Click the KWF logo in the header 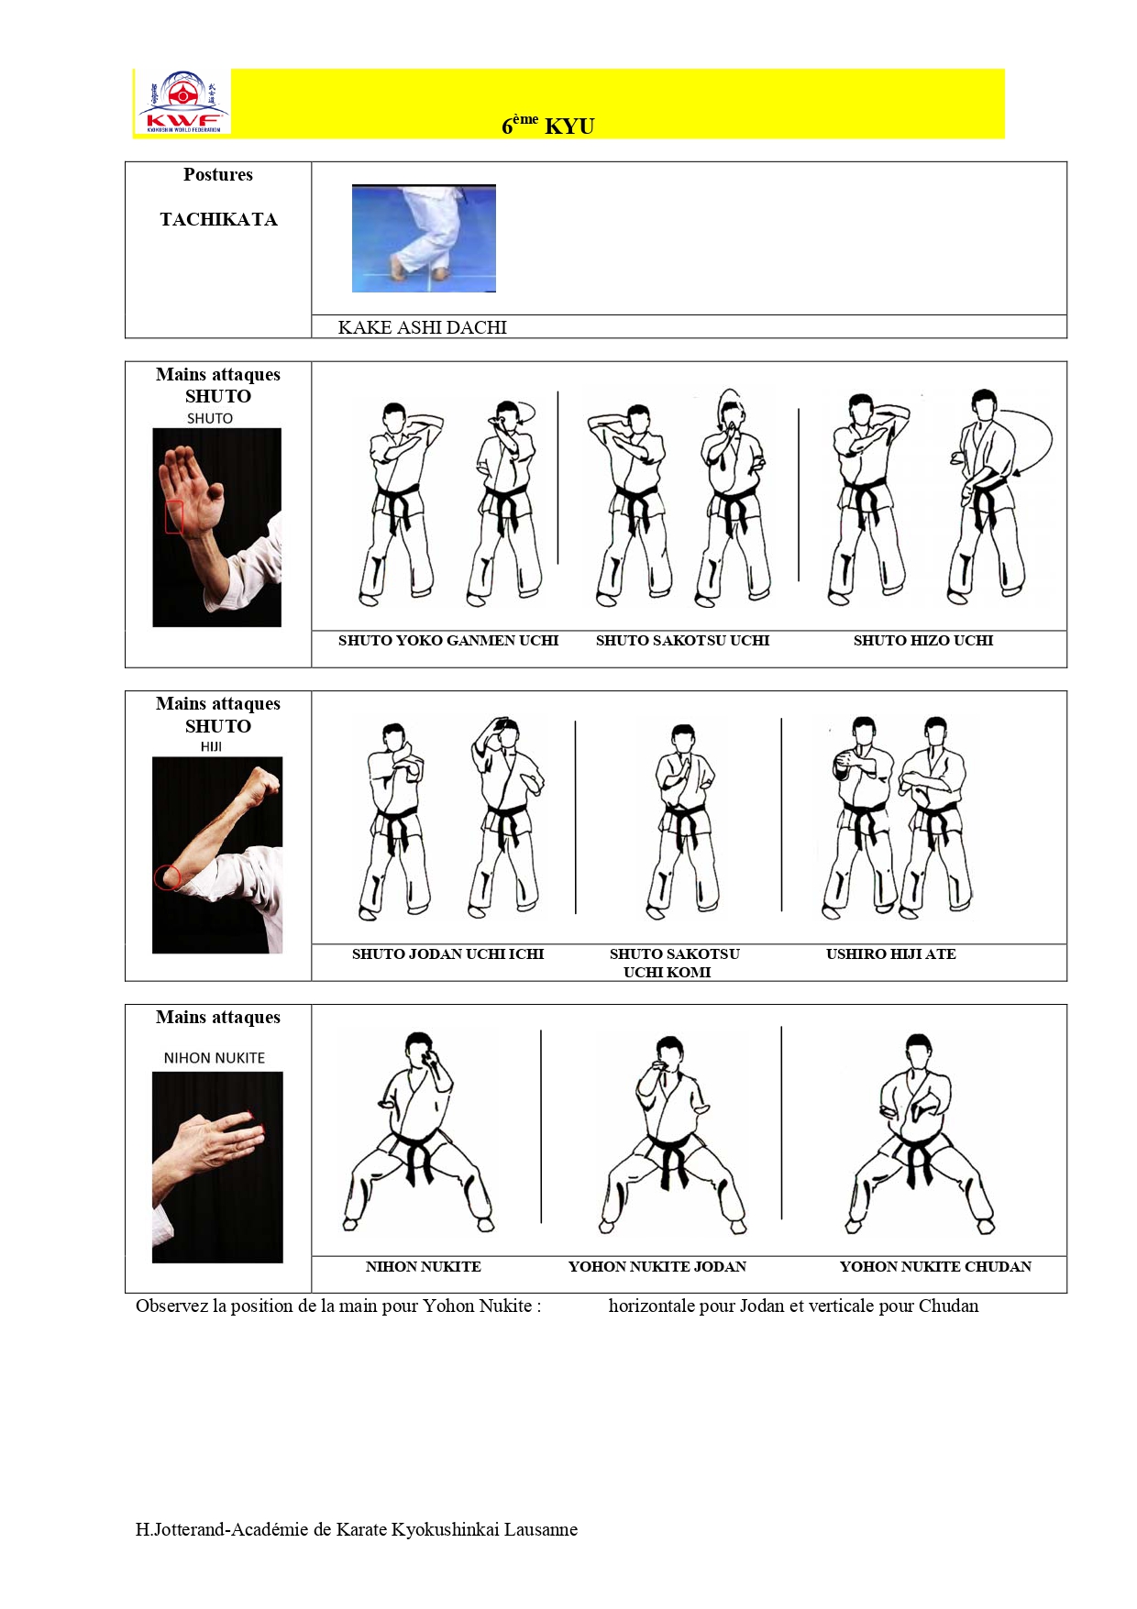(182, 103)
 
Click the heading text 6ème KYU (547, 126)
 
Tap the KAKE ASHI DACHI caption (422, 327)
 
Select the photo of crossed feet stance (424, 238)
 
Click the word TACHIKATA (218, 220)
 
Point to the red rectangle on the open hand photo (174, 517)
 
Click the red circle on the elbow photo (167, 876)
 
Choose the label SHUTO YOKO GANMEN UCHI (447, 641)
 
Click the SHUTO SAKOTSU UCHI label (682, 641)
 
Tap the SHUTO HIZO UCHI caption (922, 641)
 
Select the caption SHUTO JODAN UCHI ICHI (447, 954)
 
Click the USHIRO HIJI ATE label (890, 954)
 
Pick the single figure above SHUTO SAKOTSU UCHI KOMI (683, 821)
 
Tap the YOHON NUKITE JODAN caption (657, 1267)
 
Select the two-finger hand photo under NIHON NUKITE (217, 1166)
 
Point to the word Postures (218, 175)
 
